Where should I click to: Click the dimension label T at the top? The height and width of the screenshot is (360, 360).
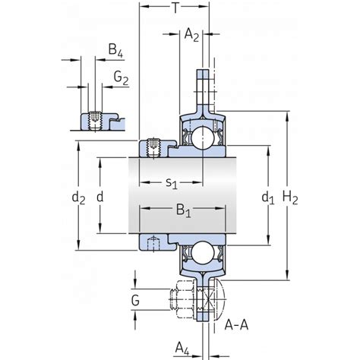click(175, 8)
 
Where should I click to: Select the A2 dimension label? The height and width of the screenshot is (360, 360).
click(191, 35)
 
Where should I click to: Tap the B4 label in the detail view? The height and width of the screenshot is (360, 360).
click(115, 50)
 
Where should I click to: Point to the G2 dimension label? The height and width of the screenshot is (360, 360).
click(121, 78)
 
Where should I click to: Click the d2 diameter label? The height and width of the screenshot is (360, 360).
click(78, 197)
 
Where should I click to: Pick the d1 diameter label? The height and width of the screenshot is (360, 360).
click(268, 197)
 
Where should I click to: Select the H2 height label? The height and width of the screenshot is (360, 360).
click(290, 197)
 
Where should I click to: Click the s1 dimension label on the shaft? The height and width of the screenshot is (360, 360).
click(172, 183)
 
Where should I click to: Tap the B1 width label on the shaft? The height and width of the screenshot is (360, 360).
click(184, 210)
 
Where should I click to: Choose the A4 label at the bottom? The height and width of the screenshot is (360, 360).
click(182, 349)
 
